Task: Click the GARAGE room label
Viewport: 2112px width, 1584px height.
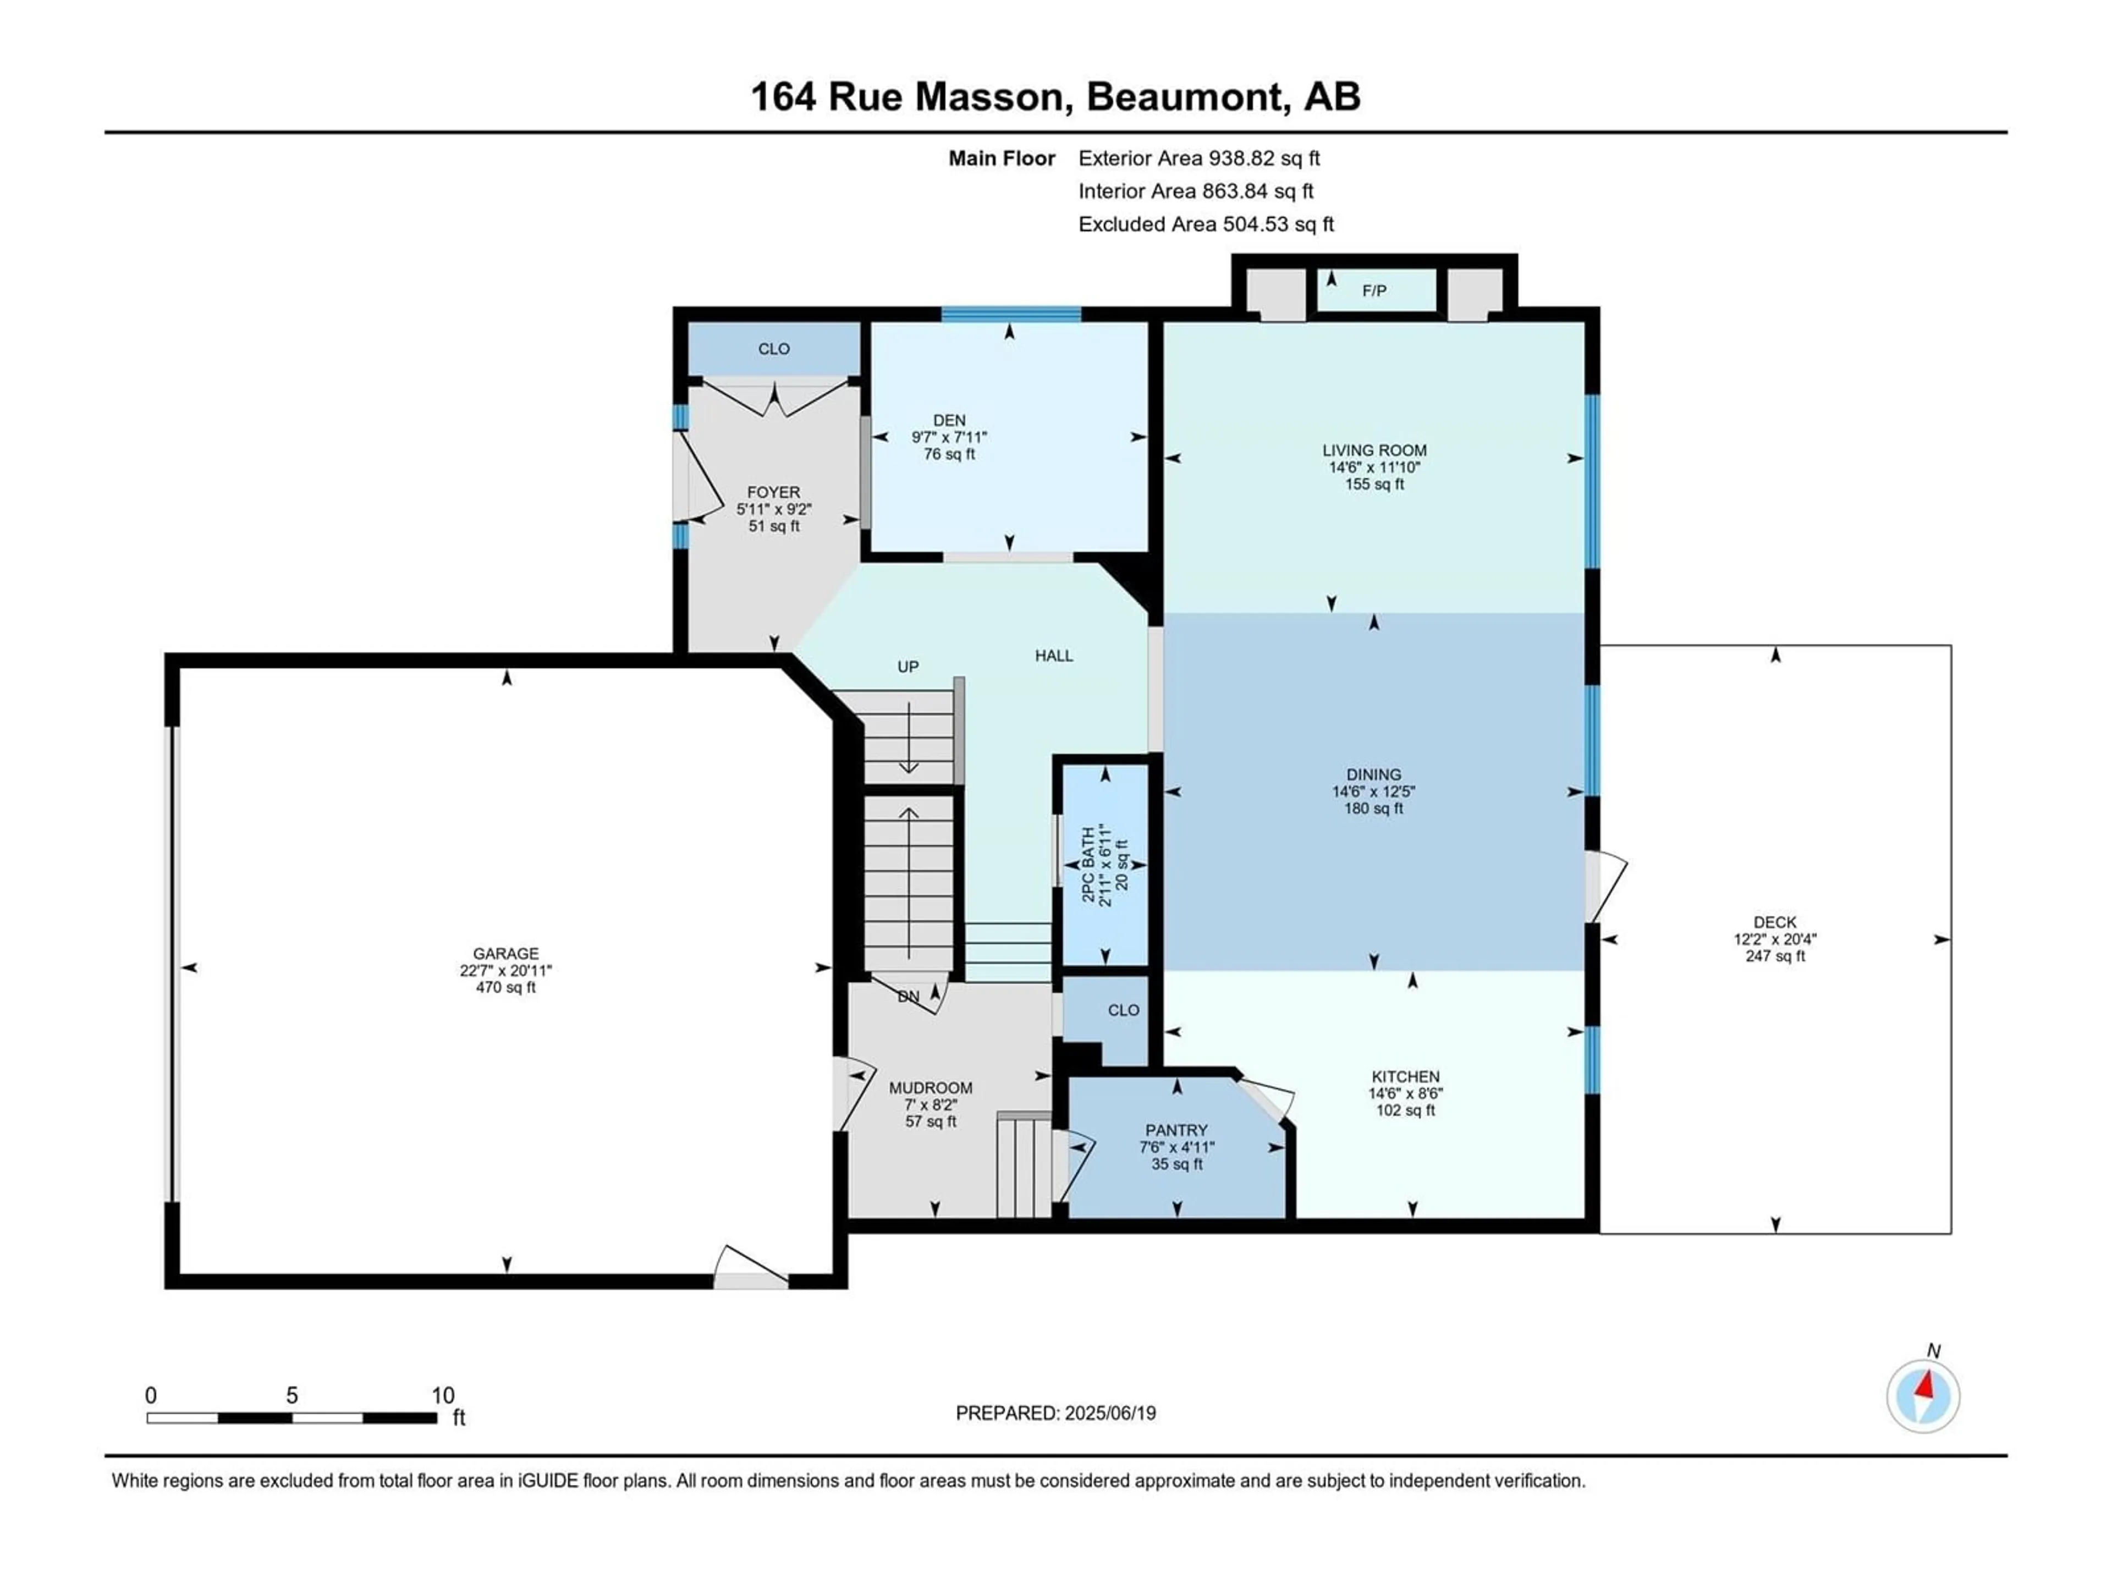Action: point(506,953)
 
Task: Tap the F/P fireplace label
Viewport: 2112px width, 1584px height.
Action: point(1374,290)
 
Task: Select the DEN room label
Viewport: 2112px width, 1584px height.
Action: point(949,420)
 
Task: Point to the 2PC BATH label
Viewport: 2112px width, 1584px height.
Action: point(1087,865)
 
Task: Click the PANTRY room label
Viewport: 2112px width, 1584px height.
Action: point(1177,1130)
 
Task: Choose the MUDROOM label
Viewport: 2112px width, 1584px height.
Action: point(931,1087)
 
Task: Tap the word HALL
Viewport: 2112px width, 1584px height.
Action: point(1054,655)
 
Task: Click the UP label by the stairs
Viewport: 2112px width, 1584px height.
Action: point(908,667)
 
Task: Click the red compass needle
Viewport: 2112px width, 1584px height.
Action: point(1926,1383)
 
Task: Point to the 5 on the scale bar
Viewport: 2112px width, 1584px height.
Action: point(292,1395)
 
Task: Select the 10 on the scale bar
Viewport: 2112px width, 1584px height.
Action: point(443,1395)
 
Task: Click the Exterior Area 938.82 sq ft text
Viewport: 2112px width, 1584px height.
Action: point(1199,158)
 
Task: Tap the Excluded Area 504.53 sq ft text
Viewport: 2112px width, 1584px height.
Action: point(1206,224)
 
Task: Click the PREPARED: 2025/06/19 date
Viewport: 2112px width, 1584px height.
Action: point(1056,1413)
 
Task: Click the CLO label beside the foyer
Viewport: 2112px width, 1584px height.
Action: point(774,349)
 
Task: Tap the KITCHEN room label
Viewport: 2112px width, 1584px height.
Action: point(1405,1076)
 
